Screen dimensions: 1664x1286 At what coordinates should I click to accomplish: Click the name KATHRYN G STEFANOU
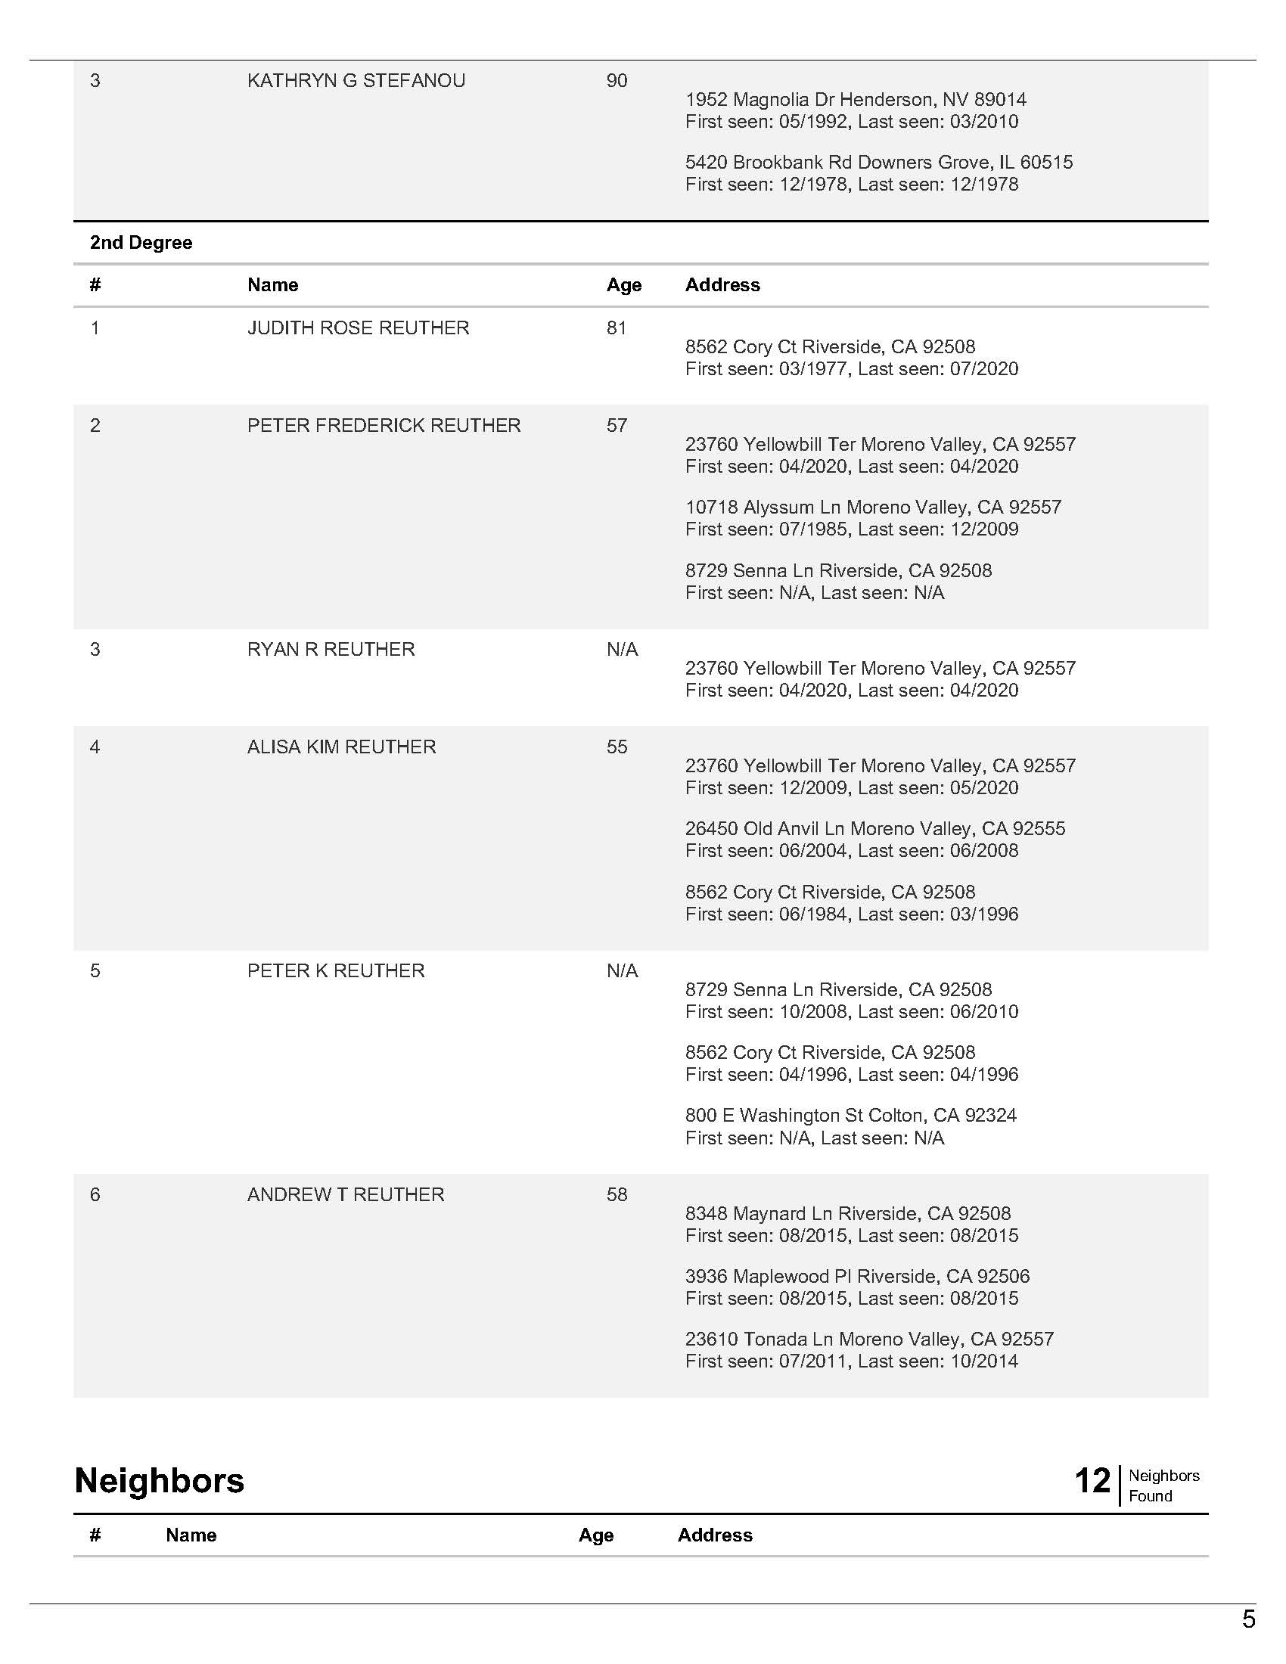pos(356,81)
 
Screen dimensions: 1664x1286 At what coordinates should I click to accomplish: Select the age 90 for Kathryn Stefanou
pos(617,81)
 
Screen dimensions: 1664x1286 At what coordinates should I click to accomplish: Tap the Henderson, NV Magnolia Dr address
pos(855,100)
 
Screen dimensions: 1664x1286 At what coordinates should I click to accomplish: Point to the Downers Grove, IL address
pos(878,163)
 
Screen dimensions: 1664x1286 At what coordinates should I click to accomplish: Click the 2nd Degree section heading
pos(141,243)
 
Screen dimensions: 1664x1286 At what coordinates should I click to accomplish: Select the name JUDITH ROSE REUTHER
pos(358,328)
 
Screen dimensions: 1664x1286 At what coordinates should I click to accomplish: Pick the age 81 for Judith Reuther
pos(617,328)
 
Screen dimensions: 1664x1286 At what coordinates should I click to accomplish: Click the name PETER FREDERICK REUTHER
pos(384,426)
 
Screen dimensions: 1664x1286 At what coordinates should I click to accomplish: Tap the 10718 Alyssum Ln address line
pos(872,508)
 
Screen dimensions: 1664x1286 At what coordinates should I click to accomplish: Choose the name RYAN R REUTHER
pos(331,650)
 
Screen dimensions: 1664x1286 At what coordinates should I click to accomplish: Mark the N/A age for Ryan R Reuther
pos(622,650)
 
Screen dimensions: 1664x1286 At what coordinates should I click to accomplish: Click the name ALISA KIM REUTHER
pos(341,747)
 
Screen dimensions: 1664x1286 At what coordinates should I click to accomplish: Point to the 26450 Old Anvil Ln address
pos(874,829)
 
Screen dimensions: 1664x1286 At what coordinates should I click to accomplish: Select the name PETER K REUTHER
pos(335,971)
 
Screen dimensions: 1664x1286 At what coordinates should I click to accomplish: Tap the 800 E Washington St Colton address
pos(850,1116)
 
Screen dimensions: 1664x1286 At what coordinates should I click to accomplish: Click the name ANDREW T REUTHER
pos(345,1195)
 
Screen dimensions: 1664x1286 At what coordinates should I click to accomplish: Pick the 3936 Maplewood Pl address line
pos(857,1277)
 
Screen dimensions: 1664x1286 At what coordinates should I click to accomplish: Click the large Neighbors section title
pos(159,1481)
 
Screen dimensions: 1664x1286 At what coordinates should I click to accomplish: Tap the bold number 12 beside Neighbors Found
pos(1092,1481)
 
